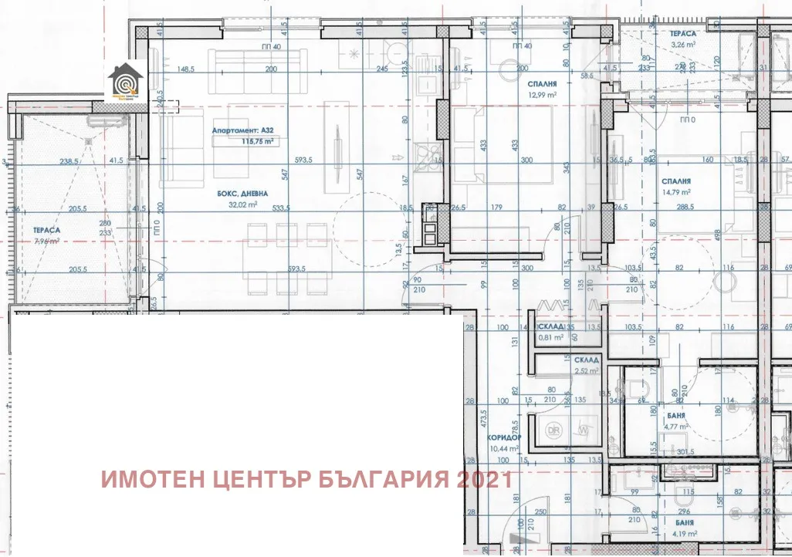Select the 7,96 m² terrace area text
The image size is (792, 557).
[47, 241]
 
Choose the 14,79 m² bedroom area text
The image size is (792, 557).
[675, 193]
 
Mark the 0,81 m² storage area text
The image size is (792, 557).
[549, 338]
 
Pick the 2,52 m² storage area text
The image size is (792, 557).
[586, 371]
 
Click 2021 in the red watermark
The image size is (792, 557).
[484, 479]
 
